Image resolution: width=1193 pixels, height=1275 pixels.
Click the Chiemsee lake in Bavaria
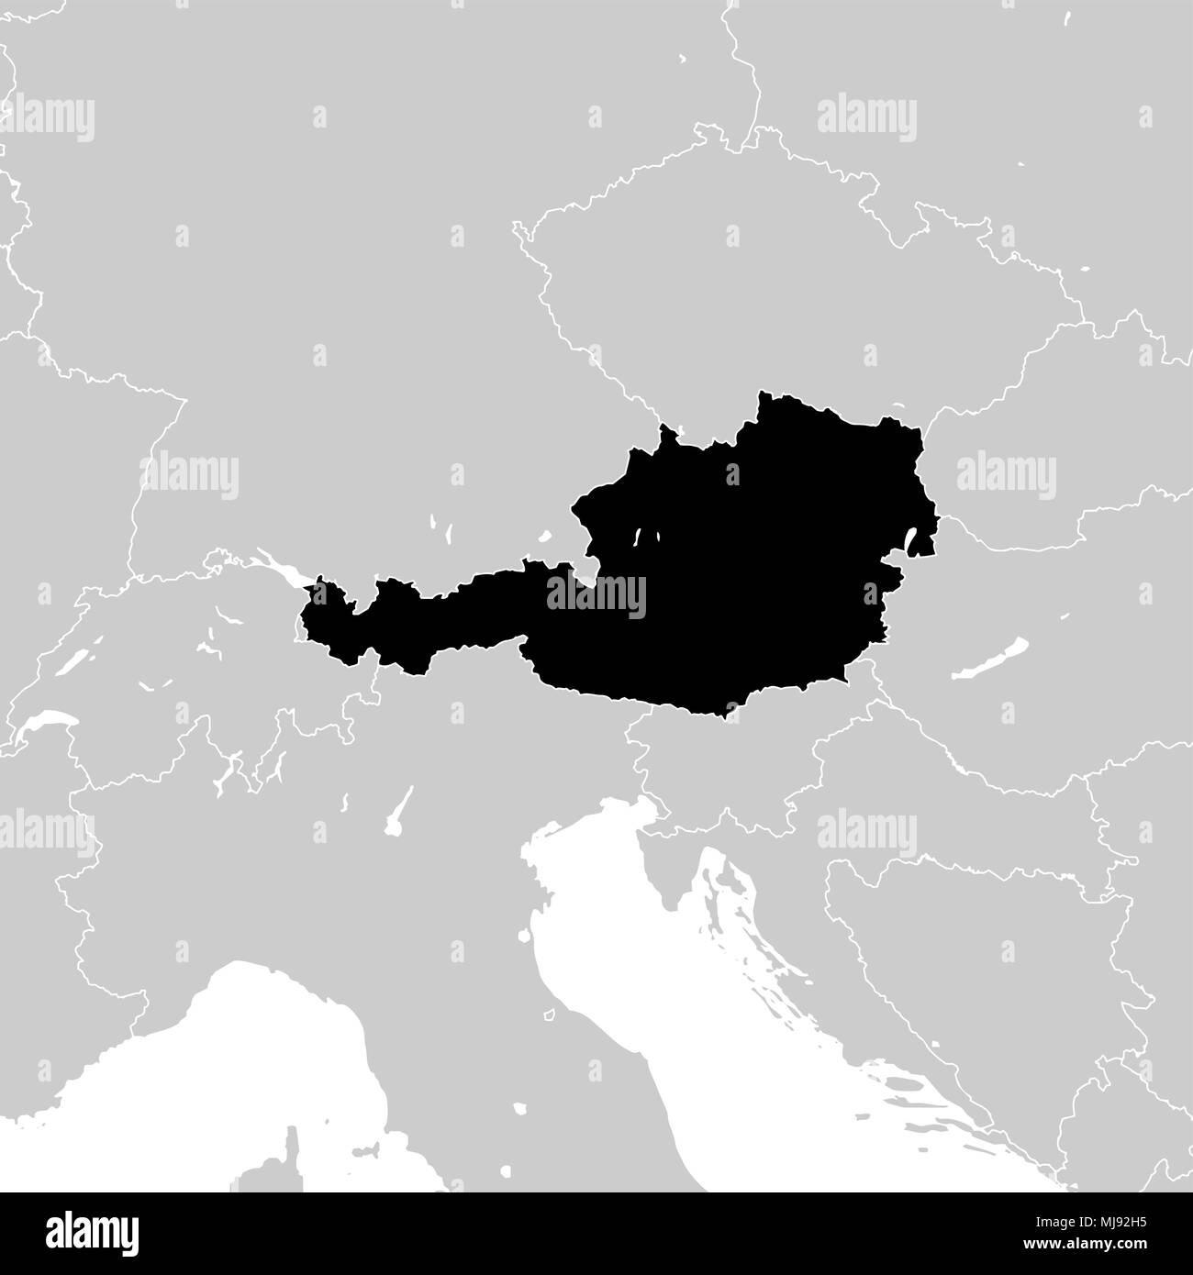(543, 535)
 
